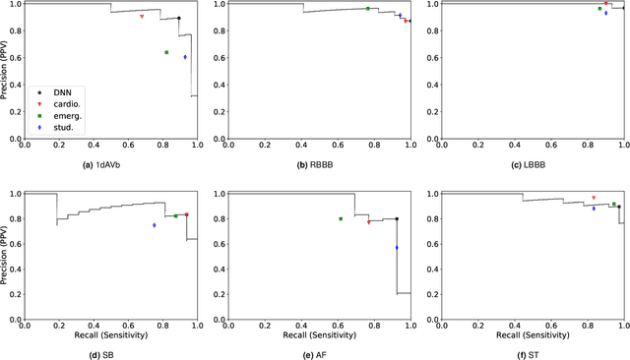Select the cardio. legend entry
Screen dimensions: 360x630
click(x=64, y=103)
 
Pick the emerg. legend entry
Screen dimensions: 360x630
click(x=64, y=115)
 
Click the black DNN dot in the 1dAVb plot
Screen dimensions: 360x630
click(x=178, y=18)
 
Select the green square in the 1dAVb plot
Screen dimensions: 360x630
click(x=166, y=52)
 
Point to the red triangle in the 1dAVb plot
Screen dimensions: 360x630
click(x=142, y=17)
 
